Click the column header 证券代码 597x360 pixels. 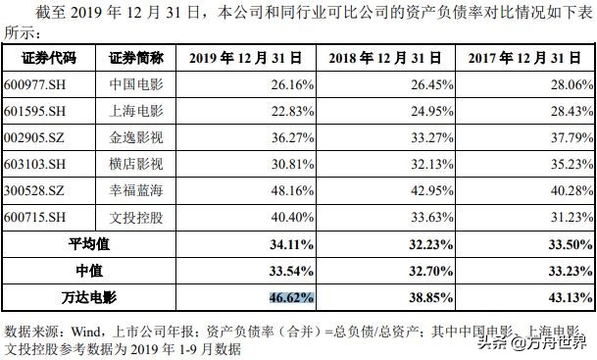[36, 58]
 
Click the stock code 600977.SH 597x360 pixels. [36, 84]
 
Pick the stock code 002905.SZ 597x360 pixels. [35, 136]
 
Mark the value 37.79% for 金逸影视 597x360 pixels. [564, 136]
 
